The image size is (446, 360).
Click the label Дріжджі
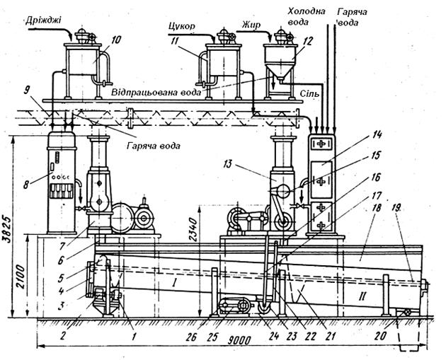(x=43, y=21)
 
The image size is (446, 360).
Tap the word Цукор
(x=182, y=26)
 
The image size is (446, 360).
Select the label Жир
(x=251, y=25)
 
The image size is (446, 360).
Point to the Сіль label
(x=310, y=93)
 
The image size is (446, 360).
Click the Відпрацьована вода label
(x=156, y=93)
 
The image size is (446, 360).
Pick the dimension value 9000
(x=239, y=340)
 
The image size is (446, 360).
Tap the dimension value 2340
(x=193, y=226)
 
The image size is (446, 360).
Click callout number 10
(x=115, y=40)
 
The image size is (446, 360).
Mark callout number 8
(x=26, y=185)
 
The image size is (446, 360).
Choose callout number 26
(x=191, y=337)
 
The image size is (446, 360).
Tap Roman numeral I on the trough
(x=175, y=282)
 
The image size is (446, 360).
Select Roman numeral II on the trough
(x=362, y=297)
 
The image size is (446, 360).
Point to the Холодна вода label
(x=307, y=16)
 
